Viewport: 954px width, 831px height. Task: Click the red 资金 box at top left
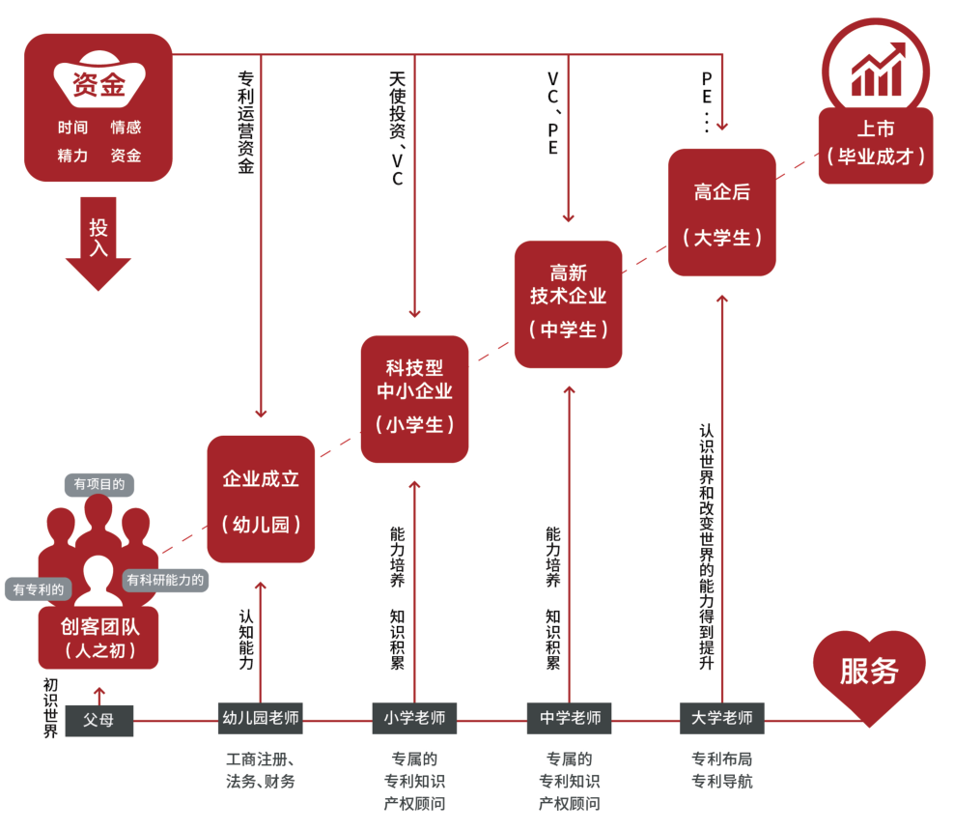point(98,107)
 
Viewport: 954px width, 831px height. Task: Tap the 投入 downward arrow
point(98,242)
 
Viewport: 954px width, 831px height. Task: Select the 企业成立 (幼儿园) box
point(261,500)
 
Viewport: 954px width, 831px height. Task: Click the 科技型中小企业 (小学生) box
point(414,398)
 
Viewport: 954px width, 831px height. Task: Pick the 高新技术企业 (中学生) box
point(568,303)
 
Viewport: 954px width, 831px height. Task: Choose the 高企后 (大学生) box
point(721,213)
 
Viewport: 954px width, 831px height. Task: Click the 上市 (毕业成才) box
point(876,145)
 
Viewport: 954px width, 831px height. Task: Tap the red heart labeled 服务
point(869,673)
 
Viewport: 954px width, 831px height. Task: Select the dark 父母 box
point(99,720)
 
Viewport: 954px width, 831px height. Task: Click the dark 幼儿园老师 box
point(261,719)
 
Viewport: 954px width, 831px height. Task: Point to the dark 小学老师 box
point(414,719)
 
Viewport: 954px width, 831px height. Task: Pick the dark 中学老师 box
point(569,719)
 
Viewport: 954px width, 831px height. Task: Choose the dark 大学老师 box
point(722,719)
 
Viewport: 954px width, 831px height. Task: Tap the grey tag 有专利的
point(40,588)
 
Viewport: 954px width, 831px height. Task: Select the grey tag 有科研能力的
point(165,581)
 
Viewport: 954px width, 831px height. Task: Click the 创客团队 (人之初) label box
point(98,638)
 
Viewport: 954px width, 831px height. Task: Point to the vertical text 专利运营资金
point(245,121)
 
